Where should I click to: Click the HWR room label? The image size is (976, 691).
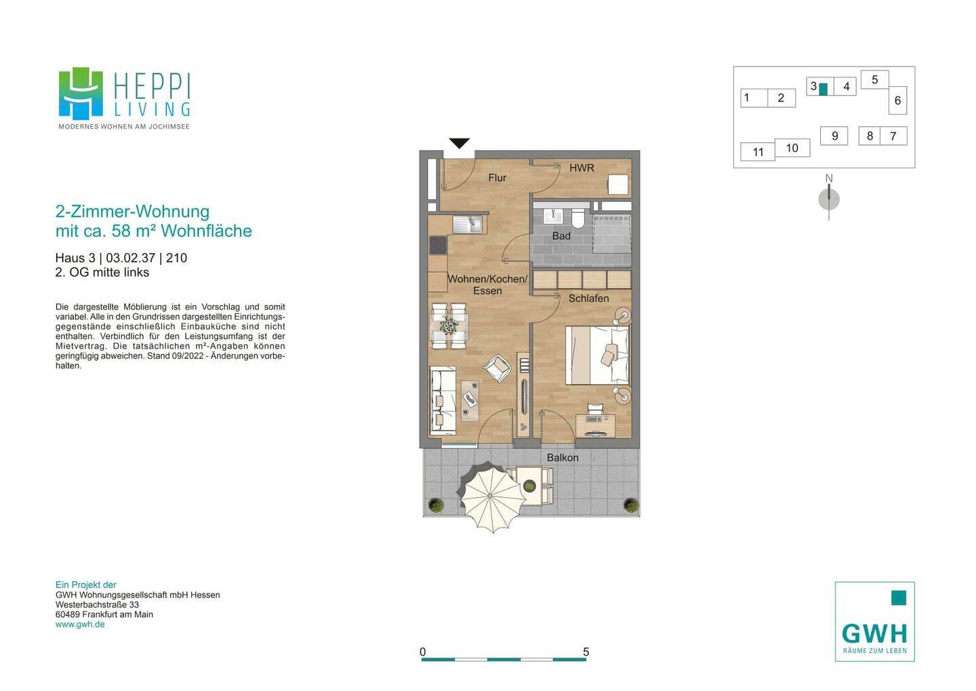pos(582,168)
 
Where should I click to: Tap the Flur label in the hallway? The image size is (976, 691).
pos(497,178)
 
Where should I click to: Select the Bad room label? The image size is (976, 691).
pos(561,236)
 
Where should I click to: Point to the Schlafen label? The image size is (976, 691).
pos(588,298)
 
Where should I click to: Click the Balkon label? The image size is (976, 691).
pos(563,458)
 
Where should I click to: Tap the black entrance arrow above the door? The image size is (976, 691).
pos(460,143)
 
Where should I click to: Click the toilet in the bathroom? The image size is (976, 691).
pos(578,218)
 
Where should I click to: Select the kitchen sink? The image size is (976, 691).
pos(467,224)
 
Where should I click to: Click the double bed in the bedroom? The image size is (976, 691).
pos(597,355)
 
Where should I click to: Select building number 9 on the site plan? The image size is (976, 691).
pos(834,136)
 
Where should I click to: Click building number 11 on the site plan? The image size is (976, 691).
pos(758,152)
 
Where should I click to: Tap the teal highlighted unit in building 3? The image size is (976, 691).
pos(823,89)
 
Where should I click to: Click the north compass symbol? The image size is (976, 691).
pos(829,199)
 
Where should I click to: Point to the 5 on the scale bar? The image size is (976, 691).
pos(586,652)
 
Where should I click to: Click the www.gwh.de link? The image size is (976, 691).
pos(80,625)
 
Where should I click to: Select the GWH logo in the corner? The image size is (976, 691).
pos(874,621)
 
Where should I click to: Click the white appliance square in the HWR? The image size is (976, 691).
pos(618,184)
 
